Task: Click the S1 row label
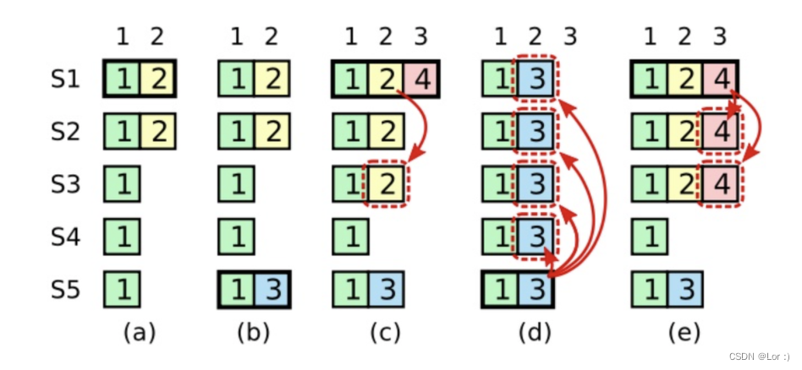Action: click(66, 80)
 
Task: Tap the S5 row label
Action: click(66, 290)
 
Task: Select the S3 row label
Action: click(66, 185)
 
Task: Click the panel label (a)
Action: click(139, 333)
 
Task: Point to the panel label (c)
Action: click(386, 333)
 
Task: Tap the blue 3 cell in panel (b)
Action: click(270, 290)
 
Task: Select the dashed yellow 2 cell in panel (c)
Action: click(386, 185)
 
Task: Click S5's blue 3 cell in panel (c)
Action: click(386, 290)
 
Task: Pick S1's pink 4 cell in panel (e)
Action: click(719, 80)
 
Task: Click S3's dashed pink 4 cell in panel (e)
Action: click(719, 185)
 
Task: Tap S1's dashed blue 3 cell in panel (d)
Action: click(536, 80)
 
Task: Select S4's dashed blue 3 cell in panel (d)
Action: click(536, 237)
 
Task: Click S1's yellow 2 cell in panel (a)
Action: click(157, 80)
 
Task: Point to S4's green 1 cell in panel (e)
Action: click(648, 237)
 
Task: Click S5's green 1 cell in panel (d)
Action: click(500, 290)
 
